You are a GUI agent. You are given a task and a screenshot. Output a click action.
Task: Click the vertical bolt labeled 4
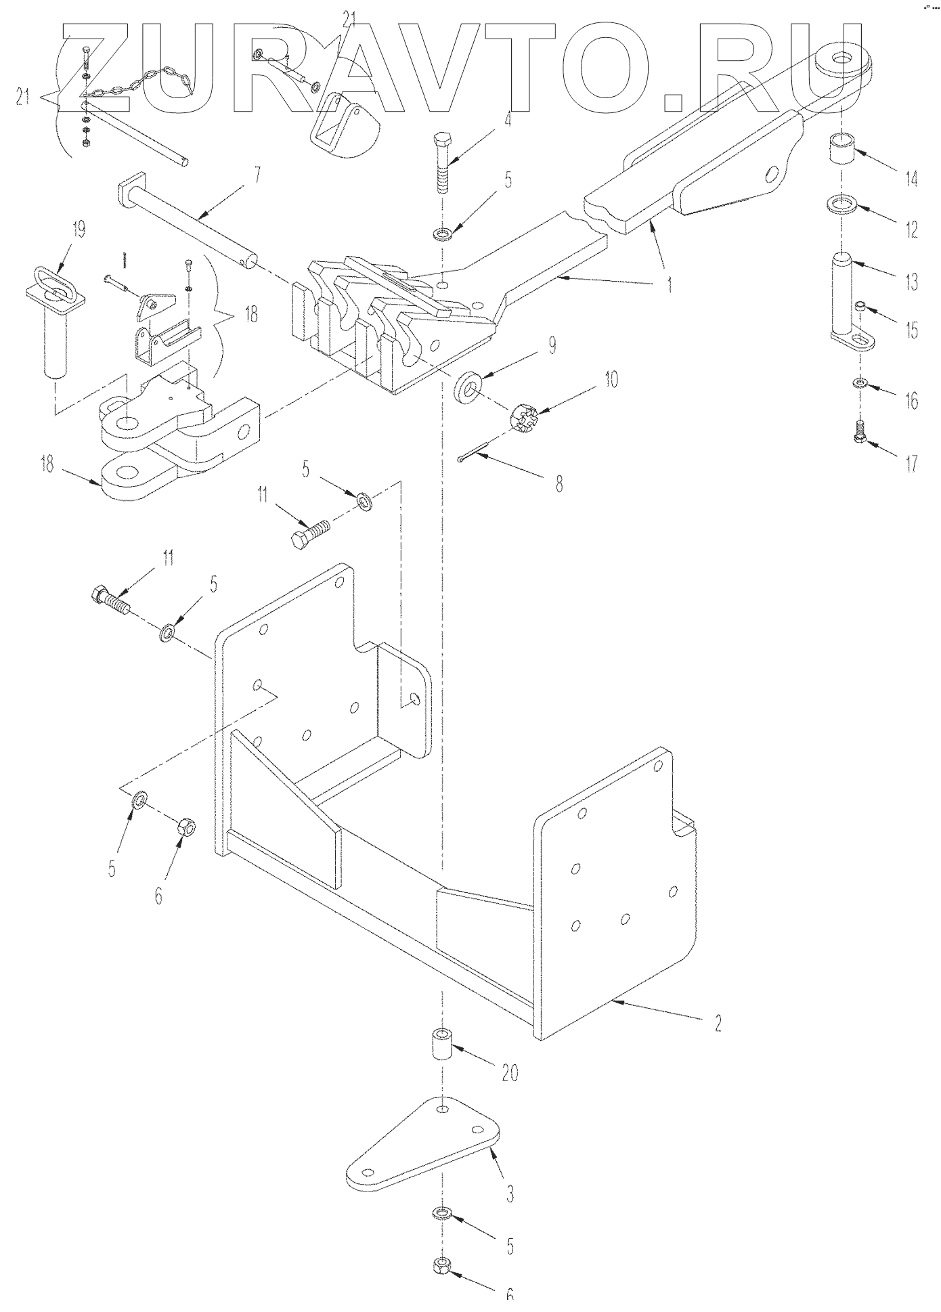pyautogui.click(x=443, y=160)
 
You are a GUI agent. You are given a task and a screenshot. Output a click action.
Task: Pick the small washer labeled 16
pyautogui.click(x=860, y=385)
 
